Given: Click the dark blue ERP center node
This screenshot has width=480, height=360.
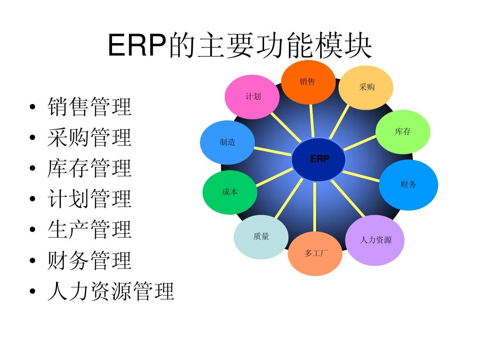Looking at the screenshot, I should pos(319,160).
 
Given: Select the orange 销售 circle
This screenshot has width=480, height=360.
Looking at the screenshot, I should pos(308,82).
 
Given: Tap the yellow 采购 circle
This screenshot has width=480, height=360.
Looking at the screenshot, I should pos(366,88).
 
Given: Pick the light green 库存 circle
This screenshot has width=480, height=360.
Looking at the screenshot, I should pos(403,132).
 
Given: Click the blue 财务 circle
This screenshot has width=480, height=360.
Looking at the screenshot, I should pos(408,184).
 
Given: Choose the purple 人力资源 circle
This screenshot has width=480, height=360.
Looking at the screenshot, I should pos(375,240).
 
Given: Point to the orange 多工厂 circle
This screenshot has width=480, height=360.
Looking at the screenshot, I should pos(316,254).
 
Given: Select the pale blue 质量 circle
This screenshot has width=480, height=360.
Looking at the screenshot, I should pos(261,237).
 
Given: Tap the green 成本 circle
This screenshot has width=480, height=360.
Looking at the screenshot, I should pos(230,192).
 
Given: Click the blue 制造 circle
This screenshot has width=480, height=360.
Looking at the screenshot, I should pos(228,143).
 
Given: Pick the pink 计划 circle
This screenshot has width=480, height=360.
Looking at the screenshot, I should pos(252,97).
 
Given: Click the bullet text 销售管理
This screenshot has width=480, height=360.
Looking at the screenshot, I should pos(89,107).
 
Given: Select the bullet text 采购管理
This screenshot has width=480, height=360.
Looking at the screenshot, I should pos(89,138).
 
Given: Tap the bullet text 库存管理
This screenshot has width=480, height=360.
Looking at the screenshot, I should pos(89,168).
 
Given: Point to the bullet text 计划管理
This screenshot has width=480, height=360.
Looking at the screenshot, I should pos(89,199).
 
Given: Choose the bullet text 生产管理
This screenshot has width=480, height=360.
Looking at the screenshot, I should pos(89,230).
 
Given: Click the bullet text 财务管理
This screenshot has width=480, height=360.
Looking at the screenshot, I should pos(89,260).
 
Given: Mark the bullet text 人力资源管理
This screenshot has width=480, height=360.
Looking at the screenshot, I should pos(111,292).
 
